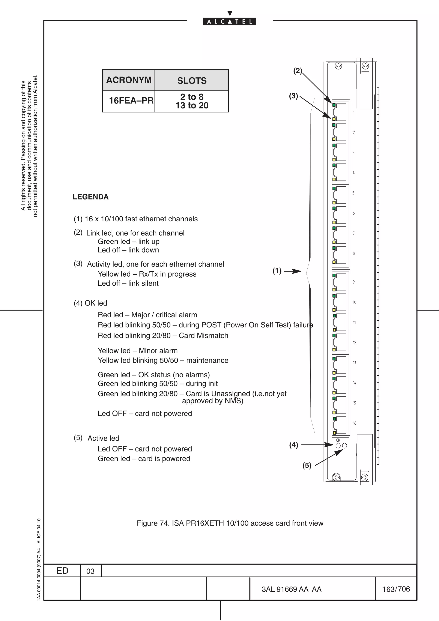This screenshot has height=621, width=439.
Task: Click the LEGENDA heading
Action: point(91,197)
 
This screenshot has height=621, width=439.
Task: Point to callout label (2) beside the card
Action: point(298,71)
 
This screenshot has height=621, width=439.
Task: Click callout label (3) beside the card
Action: point(293,96)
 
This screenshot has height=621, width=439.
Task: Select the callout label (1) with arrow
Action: point(277,271)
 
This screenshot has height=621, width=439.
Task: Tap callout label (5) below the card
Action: point(307,465)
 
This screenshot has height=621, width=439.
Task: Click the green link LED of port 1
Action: point(334,105)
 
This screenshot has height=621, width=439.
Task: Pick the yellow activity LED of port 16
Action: point(334,433)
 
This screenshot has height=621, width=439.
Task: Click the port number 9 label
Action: point(353,282)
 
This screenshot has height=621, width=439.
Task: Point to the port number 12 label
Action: point(354,343)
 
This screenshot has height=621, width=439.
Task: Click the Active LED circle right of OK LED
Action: point(344,446)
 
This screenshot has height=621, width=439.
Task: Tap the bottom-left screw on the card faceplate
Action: point(336,478)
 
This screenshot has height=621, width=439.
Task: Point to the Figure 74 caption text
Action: point(230,523)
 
